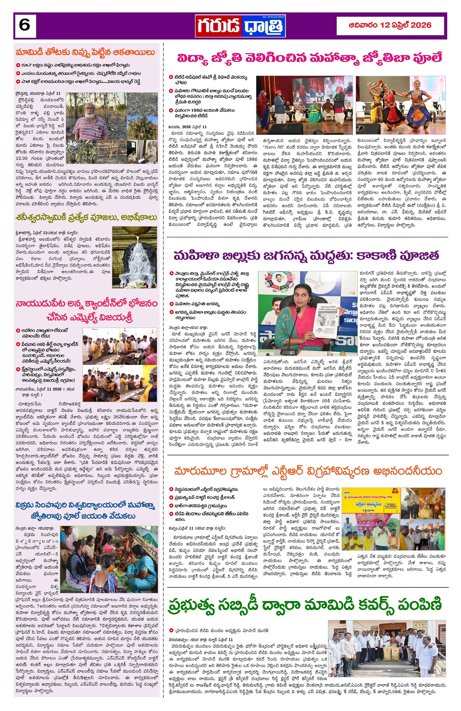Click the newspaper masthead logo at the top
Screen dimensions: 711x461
coord(241,26)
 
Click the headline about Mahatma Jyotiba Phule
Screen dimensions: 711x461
coord(309,58)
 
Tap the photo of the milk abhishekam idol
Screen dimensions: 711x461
coord(134,257)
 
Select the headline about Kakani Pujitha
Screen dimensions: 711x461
coord(306,256)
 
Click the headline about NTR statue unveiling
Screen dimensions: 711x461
coord(308,471)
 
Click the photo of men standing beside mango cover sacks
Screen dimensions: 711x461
coord(386,645)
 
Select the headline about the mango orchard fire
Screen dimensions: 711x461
coord(85,53)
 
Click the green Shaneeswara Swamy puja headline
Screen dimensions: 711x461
coord(86,218)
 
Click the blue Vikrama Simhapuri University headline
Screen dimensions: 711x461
coord(86,511)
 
